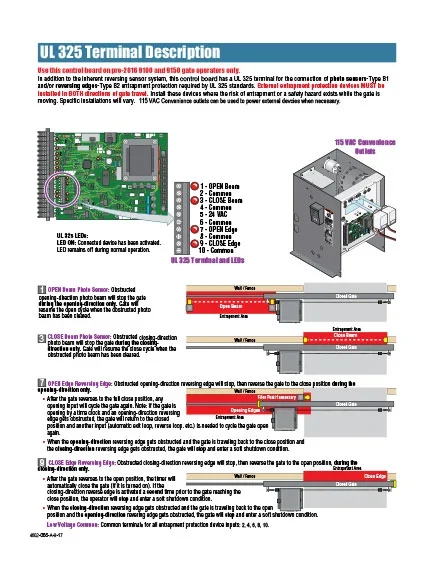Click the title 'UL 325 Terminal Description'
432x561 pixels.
click(120, 49)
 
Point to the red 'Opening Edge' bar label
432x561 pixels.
click(246, 410)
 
